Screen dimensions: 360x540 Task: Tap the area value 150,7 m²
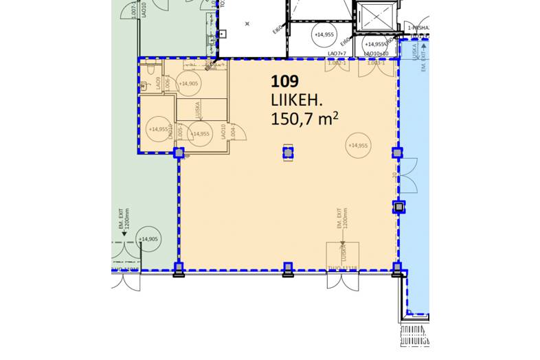point(306,119)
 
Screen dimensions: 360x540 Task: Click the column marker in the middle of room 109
point(288,153)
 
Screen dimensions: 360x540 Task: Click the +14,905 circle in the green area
point(148,239)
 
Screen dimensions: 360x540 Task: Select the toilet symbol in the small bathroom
point(145,87)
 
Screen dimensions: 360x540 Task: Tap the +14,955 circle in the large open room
point(358,146)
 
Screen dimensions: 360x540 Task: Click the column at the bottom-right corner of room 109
point(396,268)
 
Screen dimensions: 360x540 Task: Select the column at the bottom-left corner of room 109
point(179,268)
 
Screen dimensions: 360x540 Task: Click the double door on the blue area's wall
point(408,175)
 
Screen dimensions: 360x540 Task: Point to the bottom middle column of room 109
point(288,268)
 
